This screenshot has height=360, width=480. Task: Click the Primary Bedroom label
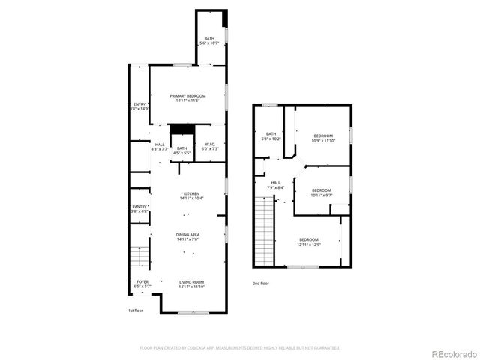click(x=187, y=98)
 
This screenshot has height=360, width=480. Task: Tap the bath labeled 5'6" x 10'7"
click(x=208, y=41)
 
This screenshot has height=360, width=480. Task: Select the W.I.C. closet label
click(x=211, y=146)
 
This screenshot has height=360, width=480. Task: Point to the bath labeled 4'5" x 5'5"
click(x=181, y=150)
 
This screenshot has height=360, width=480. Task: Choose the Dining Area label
click(x=187, y=238)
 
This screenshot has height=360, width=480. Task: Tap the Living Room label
click(x=191, y=284)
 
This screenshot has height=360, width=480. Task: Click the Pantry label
click(x=139, y=209)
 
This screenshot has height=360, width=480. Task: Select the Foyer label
click(x=142, y=284)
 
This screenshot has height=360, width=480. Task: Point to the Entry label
click(x=139, y=106)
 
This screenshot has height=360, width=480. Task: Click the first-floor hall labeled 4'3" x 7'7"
click(x=160, y=147)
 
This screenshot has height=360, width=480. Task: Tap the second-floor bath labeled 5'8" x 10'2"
click(x=271, y=136)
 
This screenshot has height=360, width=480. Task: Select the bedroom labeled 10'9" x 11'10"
click(x=323, y=138)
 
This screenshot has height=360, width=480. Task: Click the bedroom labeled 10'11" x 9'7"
click(x=321, y=193)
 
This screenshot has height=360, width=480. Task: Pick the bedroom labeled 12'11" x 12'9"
click(x=308, y=241)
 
